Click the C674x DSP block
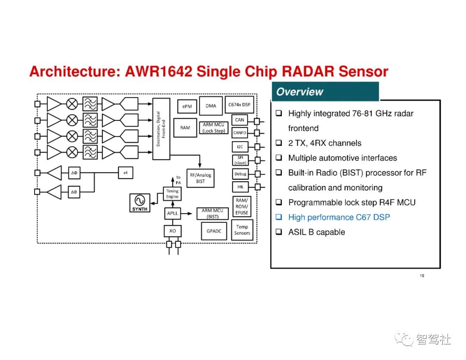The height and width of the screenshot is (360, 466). pyautogui.click(x=239, y=104)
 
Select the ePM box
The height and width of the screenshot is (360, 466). pyautogui.click(x=187, y=107)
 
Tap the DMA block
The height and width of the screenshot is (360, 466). pyautogui.click(x=211, y=106)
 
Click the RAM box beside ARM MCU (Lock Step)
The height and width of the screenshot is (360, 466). pyautogui.click(x=185, y=128)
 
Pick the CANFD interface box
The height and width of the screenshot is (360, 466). pyautogui.click(x=240, y=133)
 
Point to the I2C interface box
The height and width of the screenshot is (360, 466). pyautogui.click(x=240, y=147)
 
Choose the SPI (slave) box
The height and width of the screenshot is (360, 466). pyautogui.click(x=240, y=160)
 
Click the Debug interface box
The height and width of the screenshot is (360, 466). pyautogui.click(x=240, y=174)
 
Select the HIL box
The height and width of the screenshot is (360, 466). pyautogui.click(x=240, y=187)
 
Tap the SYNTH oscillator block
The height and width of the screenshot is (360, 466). pyautogui.click(x=140, y=203)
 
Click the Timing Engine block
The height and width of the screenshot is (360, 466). pyautogui.click(x=172, y=194)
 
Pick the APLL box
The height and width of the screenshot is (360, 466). pyautogui.click(x=172, y=213)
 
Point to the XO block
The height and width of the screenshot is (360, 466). pyautogui.click(x=173, y=231)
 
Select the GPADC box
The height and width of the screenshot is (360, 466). pyautogui.click(x=214, y=231)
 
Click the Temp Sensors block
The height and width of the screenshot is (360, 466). pyautogui.click(x=242, y=230)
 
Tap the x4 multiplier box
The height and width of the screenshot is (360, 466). pyautogui.click(x=126, y=173)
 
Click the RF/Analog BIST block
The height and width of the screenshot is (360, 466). pyautogui.click(x=201, y=178)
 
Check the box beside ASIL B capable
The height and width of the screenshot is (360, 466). pyautogui.click(x=279, y=232)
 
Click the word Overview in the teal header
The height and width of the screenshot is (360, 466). pyautogui.click(x=299, y=92)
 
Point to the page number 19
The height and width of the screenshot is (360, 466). pyautogui.click(x=422, y=276)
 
